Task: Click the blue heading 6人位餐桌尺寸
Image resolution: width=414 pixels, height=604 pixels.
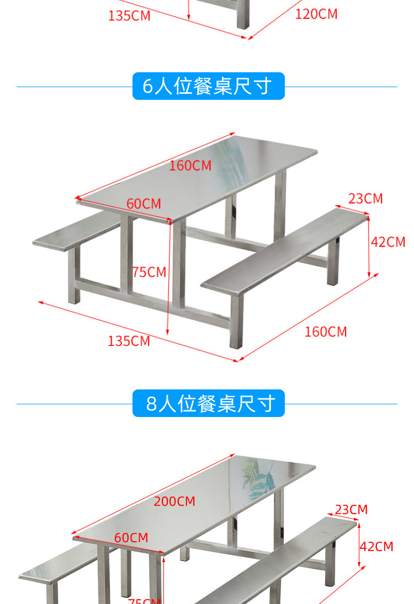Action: pyautogui.click(x=208, y=87)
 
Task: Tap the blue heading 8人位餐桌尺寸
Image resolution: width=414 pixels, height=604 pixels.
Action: pyautogui.click(x=208, y=404)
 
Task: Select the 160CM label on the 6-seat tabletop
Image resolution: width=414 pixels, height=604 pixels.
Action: pyautogui.click(x=190, y=165)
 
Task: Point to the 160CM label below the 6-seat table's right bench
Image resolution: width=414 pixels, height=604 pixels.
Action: pyautogui.click(x=326, y=332)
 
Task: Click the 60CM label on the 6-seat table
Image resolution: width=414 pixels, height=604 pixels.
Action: pyautogui.click(x=144, y=204)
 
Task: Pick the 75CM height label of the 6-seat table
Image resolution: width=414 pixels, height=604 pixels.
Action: pyautogui.click(x=149, y=272)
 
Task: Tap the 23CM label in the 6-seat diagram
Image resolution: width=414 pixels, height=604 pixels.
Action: pyautogui.click(x=365, y=199)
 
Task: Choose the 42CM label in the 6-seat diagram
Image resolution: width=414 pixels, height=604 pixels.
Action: pyautogui.click(x=388, y=242)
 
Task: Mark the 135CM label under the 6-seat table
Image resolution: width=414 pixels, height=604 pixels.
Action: pyautogui.click(x=129, y=341)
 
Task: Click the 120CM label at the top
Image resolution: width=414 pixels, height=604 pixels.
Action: pyautogui.click(x=316, y=14)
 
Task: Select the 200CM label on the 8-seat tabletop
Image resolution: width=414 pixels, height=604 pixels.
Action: pyautogui.click(x=174, y=501)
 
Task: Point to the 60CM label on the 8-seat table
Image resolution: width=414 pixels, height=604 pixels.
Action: pyautogui.click(x=131, y=537)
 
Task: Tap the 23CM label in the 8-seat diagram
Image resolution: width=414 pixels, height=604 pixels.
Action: pyautogui.click(x=351, y=510)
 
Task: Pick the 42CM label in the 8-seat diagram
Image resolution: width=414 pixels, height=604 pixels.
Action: pyautogui.click(x=376, y=547)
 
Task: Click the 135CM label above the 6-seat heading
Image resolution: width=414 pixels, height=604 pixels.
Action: pyautogui.click(x=129, y=15)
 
